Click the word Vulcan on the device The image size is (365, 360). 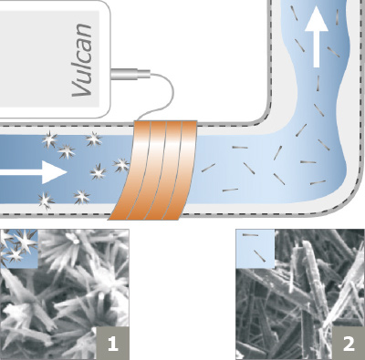coord(82,59)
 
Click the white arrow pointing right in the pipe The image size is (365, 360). coord(34,172)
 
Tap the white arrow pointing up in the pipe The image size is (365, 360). coord(317,36)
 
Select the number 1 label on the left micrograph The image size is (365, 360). coord(112,344)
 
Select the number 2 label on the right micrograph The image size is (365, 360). coord(349,344)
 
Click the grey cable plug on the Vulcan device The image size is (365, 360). coord(130,74)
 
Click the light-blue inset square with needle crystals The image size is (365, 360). coord(255,249)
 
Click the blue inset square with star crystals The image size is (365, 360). coord(19,249)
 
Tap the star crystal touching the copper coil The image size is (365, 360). coord(121,165)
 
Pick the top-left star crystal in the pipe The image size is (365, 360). coord(49,139)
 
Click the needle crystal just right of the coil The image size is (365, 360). coord(208,168)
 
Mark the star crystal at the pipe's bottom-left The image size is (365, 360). coord(46,201)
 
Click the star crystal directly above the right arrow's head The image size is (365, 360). coord(67,151)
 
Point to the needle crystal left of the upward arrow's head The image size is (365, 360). coord(294,13)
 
